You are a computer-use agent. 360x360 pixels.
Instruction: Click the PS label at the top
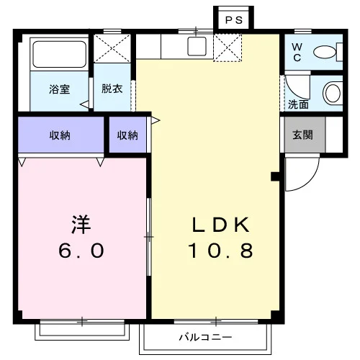(234, 20)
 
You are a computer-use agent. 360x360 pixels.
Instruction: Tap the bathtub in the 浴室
(59, 54)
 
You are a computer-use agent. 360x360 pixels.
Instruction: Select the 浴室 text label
(60, 89)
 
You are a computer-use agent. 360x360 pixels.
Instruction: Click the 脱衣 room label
(112, 89)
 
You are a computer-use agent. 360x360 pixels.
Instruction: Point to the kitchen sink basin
(197, 46)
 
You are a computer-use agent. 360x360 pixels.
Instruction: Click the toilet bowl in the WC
(324, 52)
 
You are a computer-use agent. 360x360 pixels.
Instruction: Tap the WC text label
(297, 52)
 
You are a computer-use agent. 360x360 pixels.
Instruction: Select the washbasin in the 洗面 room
(333, 93)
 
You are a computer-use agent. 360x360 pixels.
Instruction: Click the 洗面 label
(298, 104)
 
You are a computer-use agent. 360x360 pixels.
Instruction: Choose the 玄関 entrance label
(302, 135)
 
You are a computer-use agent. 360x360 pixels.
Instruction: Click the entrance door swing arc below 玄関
(310, 181)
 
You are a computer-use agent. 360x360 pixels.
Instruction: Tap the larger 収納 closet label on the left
(60, 135)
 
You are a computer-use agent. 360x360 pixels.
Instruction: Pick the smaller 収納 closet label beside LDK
(127, 135)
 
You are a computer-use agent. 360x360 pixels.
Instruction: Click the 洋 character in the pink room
(81, 225)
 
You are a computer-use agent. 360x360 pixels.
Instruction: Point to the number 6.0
(81, 251)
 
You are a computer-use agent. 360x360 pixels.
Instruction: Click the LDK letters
(220, 225)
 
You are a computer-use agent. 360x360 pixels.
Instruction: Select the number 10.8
(220, 251)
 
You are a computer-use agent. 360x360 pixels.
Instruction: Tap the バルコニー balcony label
(206, 337)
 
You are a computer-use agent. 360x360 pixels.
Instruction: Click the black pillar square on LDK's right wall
(275, 176)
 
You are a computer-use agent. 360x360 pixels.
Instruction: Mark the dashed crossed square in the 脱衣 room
(112, 48)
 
